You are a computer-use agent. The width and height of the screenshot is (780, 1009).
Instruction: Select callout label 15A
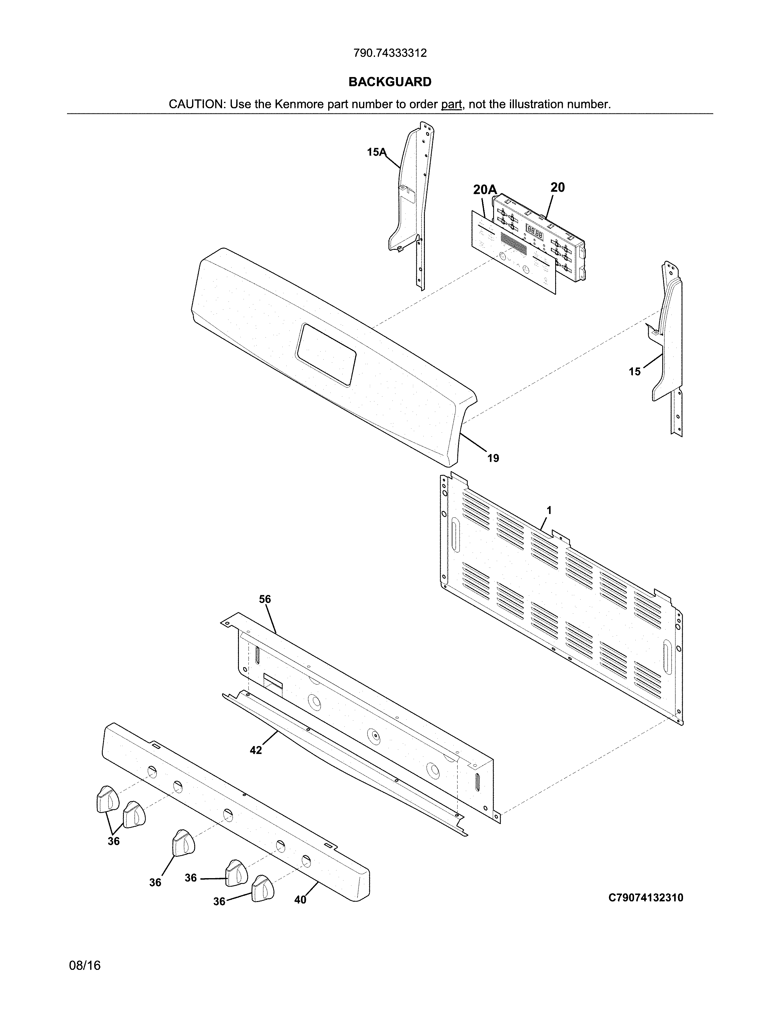click(376, 152)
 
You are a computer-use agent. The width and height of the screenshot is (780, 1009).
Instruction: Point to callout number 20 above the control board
click(557, 187)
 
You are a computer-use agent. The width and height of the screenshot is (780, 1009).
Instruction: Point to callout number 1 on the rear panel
click(549, 511)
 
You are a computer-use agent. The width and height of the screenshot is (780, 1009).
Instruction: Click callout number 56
click(265, 599)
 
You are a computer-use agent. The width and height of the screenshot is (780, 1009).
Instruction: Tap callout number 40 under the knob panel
click(300, 900)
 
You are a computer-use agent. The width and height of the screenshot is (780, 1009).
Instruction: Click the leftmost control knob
click(107, 798)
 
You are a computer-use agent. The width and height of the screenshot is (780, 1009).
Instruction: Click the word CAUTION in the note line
click(196, 104)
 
